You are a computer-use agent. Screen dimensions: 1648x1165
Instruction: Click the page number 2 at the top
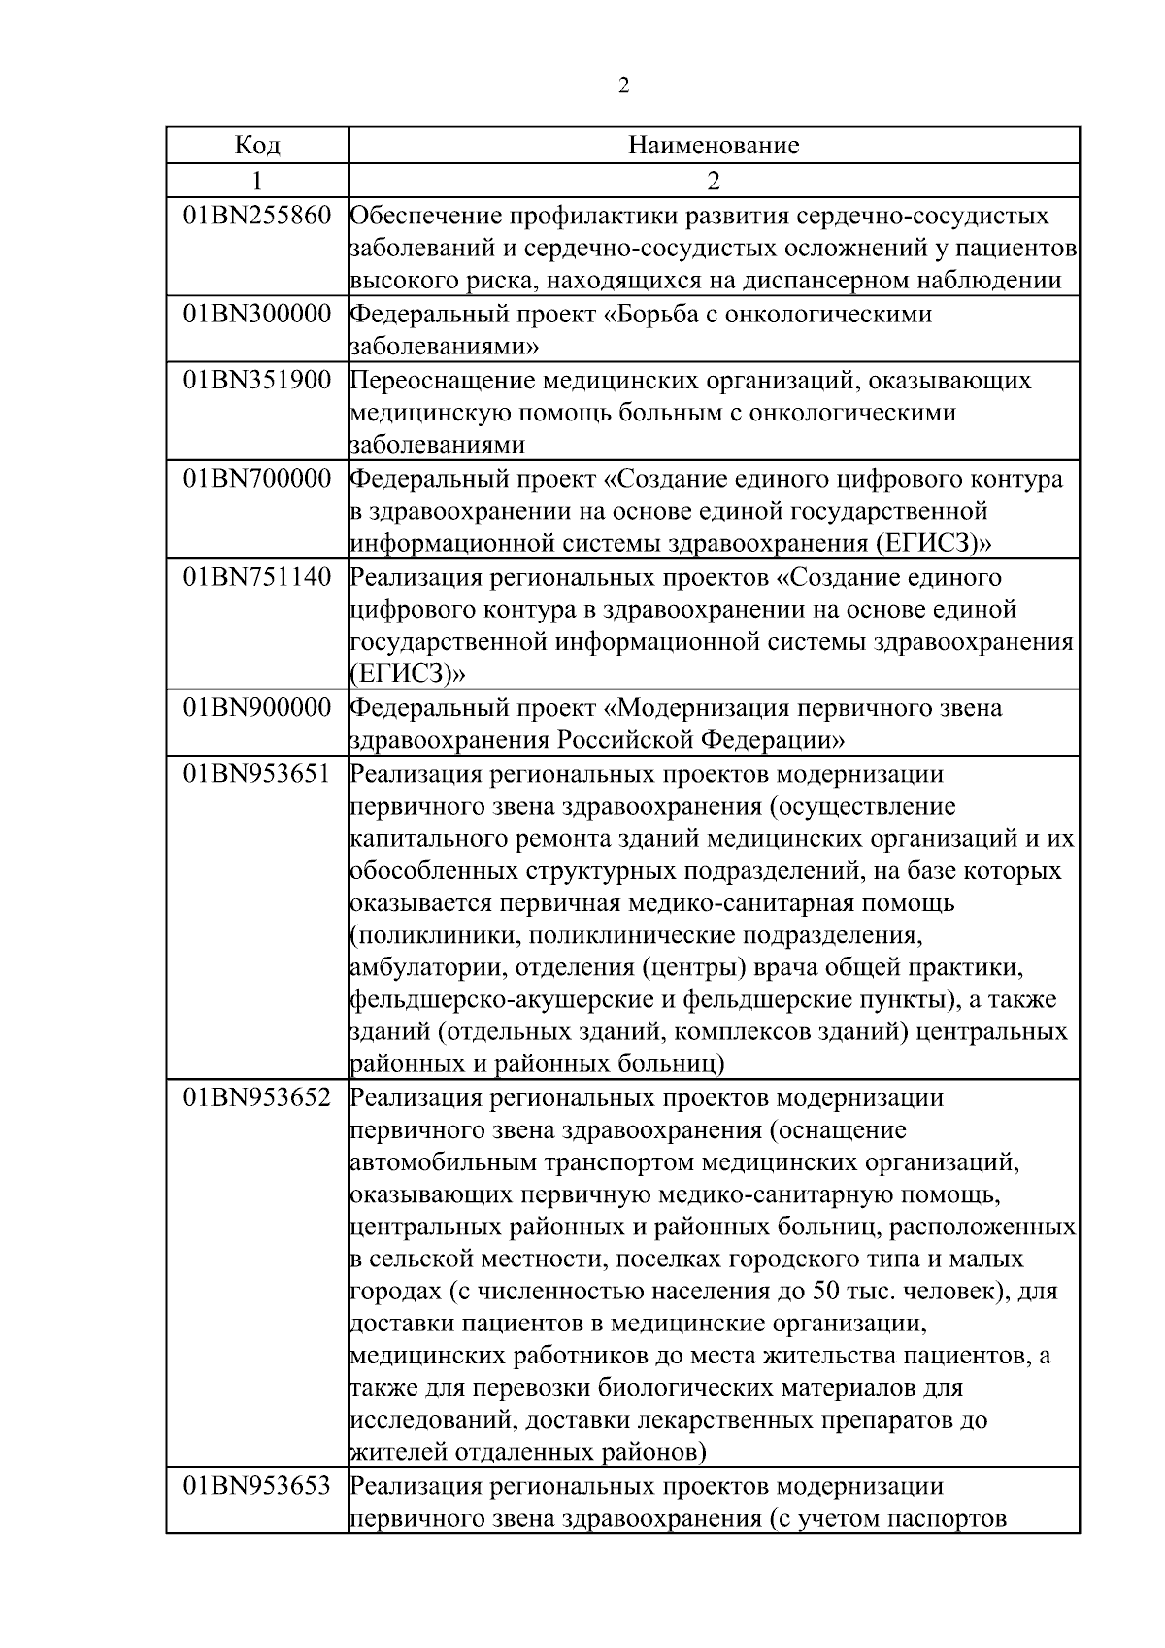coord(623,85)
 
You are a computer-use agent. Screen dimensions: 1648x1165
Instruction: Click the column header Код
coord(257,146)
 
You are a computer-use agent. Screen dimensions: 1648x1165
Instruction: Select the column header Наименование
coord(714,146)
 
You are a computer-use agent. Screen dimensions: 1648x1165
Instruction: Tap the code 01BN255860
coord(257,216)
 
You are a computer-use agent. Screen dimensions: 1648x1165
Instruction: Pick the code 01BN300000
coord(257,314)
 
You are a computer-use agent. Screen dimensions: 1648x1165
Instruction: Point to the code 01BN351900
coord(257,380)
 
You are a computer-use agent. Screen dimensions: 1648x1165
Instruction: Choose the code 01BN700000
coord(257,479)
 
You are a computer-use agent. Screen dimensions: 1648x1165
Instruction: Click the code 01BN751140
coord(257,577)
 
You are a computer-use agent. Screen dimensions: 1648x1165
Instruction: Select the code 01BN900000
coord(257,708)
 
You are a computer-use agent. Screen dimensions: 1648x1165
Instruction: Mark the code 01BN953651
coord(257,775)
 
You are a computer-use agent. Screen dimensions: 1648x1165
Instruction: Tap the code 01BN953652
coord(257,1098)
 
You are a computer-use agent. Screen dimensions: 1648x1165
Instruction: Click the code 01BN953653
coord(257,1487)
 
